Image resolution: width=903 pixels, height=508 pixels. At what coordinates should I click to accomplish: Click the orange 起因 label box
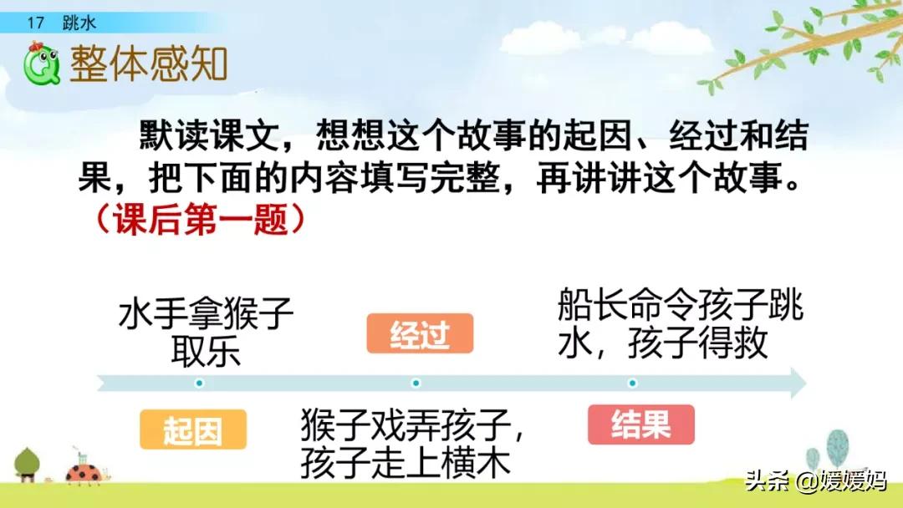click(193, 430)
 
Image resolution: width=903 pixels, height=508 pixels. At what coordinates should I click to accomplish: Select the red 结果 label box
click(641, 424)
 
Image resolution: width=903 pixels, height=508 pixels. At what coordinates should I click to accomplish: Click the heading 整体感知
click(149, 63)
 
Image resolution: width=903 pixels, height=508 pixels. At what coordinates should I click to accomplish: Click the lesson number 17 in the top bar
click(35, 23)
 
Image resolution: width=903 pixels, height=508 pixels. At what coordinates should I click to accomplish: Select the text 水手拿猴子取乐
click(206, 333)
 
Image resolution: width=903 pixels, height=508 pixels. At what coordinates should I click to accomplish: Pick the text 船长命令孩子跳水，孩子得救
click(680, 323)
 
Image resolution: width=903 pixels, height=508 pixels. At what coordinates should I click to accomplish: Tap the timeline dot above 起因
click(199, 384)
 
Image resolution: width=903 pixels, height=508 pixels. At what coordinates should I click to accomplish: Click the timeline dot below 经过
click(416, 384)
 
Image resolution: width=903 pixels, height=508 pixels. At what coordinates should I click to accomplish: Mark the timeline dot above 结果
click(632, 384)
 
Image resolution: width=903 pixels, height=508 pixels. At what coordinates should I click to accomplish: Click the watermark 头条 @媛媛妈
click(815, 481)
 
